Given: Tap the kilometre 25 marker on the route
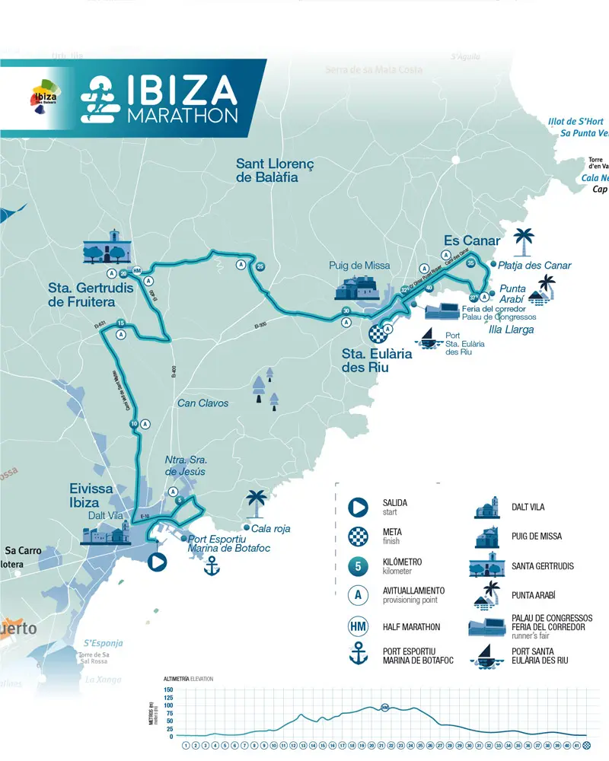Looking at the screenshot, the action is coord(260,266).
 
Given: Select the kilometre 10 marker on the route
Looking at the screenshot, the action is coord(134,424).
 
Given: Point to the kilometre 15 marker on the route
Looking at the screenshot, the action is coord(121,323).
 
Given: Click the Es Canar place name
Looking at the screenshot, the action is coord(472,240).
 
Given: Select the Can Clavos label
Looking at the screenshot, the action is coord(202,403).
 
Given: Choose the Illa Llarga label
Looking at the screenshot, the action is coord(511,330).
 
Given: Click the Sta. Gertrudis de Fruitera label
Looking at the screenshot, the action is coord(91,295).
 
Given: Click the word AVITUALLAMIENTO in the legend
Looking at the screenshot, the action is coord(413,591).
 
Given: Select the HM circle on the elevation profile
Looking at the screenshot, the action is coord(385,707).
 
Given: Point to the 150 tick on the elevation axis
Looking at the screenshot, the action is coord(169,690).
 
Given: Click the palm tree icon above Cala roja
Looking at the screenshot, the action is coord(256,503).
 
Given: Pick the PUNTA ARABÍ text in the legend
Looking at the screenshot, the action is coord(534,594).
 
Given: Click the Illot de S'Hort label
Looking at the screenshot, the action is coord(576,122).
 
